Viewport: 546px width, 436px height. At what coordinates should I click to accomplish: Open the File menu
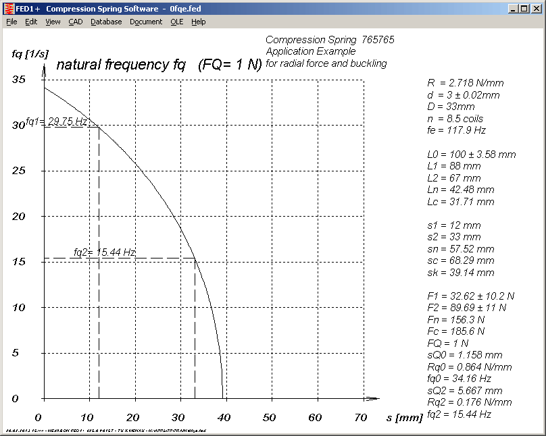click(x=11, y=22)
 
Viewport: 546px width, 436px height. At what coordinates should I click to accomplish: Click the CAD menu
click(x=75, y=22)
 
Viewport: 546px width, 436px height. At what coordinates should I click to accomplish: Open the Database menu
click(x=106, y=22)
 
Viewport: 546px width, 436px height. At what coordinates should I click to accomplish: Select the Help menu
click(x=198, y=22)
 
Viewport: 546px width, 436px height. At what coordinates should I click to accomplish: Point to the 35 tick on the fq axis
click(x=19, y=79)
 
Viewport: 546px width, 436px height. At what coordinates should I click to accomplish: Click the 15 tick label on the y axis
click(x=19, y=261)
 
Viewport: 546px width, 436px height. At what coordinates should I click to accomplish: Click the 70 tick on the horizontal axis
click(x=362, y=417)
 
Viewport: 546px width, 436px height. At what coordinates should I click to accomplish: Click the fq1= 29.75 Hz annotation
click(x=57, y=121)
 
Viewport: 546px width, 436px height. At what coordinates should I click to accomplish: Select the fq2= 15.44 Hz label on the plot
click(x=105, y=252)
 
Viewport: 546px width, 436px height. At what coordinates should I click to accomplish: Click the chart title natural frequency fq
click(x=120, y=65)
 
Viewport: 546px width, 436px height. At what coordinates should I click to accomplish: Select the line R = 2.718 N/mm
click(x=465, y=83)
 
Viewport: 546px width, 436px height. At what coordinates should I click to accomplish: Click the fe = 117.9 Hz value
click(x=456, y=130)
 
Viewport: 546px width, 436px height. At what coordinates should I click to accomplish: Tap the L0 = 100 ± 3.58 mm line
click(x=471, y=155)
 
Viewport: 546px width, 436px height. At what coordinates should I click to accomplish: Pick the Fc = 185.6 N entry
click(x=452, y=331)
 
